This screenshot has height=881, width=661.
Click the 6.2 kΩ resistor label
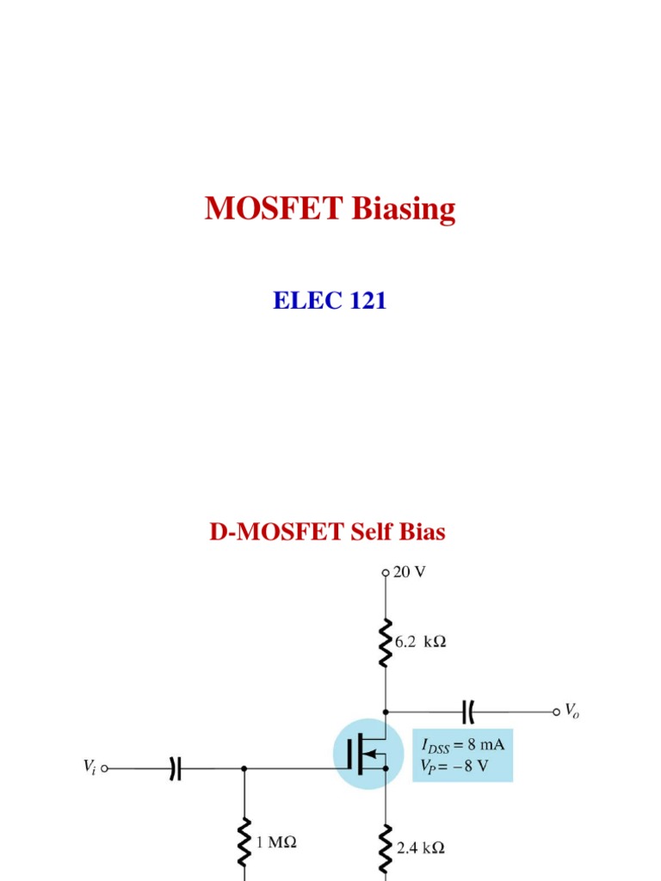click(x=421, y=642)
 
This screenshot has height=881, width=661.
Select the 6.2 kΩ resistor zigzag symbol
click(x=386, y=642)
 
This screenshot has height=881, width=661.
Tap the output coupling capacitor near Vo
click(x=468, y=712)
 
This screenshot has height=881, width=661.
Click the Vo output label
click(x=571, y=712)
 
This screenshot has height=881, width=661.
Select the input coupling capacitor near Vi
click(x=175, y=769)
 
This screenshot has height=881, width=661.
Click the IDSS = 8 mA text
click(x=462, y=746)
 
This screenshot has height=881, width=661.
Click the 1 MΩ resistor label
click(x=276, y=844)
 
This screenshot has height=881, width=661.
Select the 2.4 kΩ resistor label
click(x=420, y=847)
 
